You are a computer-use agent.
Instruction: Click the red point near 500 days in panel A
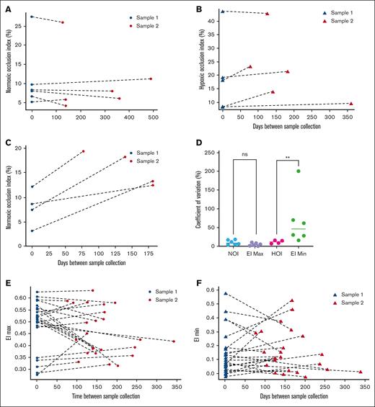coord(150,79)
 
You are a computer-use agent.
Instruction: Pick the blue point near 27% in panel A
coord(32,16)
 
